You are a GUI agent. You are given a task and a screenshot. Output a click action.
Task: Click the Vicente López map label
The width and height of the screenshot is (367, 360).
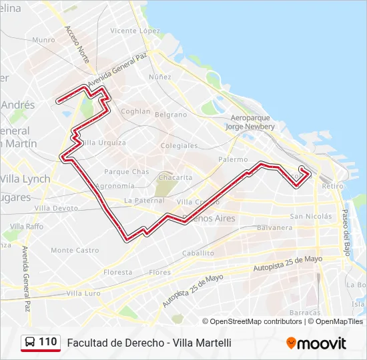tap(135, 31)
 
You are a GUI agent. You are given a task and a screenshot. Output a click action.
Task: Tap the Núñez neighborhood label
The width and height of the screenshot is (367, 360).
tap(160, 77)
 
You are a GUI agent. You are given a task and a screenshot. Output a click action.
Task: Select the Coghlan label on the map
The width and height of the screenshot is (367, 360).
tap(136, 111)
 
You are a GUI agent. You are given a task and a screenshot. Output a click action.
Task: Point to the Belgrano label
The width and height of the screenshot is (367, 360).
tap(171, 115)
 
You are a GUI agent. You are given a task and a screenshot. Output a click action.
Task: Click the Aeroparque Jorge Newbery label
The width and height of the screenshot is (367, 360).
tap(250, 121)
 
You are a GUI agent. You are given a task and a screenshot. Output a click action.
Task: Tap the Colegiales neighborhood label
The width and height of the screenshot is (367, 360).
tap(179, 145)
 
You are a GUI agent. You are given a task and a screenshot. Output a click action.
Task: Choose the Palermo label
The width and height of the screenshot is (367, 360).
tap(233, 160)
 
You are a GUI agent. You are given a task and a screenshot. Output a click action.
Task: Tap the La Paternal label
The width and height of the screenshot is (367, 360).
tap(144, 200)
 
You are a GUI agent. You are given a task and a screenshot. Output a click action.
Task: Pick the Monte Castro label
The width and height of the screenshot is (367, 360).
tap(75, 250)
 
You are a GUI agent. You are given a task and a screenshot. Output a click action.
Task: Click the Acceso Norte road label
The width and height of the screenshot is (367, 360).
tap(77, 45)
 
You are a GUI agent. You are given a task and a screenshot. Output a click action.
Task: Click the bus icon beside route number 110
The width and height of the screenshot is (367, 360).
tap(31, 342)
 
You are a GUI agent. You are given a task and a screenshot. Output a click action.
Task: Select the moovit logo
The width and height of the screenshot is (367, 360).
tap(316, 343)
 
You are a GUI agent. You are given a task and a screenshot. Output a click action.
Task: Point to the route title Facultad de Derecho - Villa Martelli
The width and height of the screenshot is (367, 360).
tap(149, 343)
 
